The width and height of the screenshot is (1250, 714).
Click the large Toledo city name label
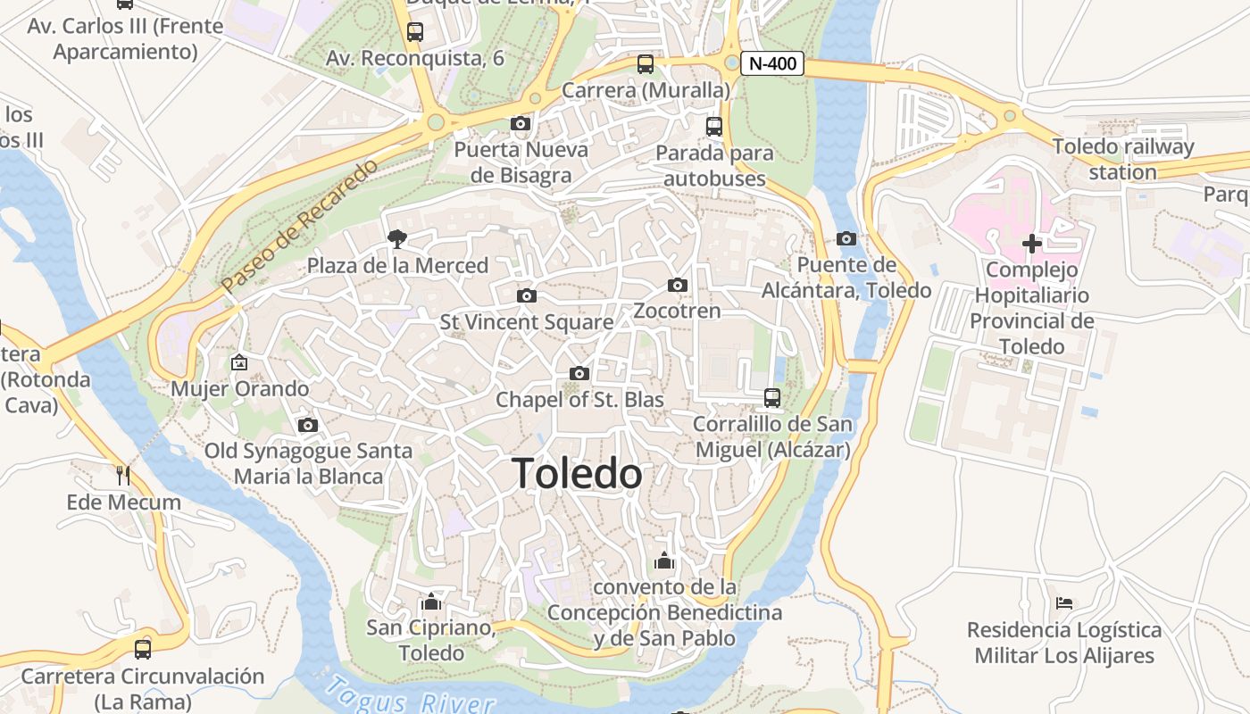coord(578,474)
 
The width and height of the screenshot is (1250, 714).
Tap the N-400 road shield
coord(772,63)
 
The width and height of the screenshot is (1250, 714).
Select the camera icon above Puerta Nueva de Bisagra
coord(521,123)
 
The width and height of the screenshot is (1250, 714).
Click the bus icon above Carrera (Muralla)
coord(646,63)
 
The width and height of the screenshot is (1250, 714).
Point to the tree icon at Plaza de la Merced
coord(396,238)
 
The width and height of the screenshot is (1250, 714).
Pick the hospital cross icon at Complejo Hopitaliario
coord(1032,243)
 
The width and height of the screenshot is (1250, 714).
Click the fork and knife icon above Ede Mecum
coord(123,475)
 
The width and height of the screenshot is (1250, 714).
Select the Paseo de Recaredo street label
coord(300,227)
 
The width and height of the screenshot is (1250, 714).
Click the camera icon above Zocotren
coord(678,285)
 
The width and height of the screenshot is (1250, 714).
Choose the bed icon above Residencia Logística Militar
coord(1063,603)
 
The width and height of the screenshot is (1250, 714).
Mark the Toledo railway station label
coord(1122,159)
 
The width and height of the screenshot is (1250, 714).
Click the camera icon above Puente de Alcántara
coord(846,238)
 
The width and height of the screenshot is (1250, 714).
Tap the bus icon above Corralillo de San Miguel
coord(772,397)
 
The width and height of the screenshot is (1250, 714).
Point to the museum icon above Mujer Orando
coord(238,362)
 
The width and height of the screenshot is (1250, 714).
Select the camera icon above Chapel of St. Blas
coord(579,373)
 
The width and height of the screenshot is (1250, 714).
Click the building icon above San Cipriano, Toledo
coord(431,602)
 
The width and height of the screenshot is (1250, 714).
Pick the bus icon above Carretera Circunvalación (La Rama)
coord(142,649)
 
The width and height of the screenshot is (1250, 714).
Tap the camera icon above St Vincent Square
coord(527,295)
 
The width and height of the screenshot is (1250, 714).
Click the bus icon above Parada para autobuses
coord(713,126)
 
